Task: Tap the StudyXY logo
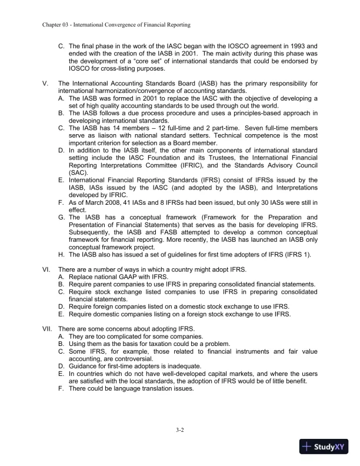324,447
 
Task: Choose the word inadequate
176,366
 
